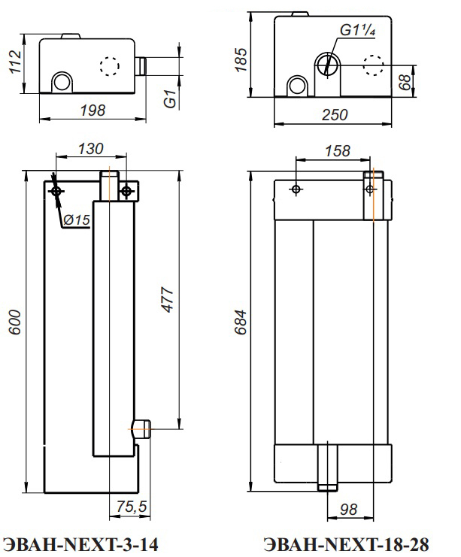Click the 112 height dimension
pyautogui.click(x=15, y=62)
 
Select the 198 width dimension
pyautogui.click(x=93, y=110)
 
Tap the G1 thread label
pyautogui.click(x=170, y=98)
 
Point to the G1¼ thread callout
pyautogui.click(x=357, y=30)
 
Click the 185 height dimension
pyautogui.click(x=241, y=59)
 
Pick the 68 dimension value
pyautogui.click(x=405, y=82)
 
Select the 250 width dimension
pyautogui.click(x=335, y=115)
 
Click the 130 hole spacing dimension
pyautogui.click(x=91, y=149)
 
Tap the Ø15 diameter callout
pyautogui.click(x=77, y=220)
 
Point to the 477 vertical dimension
pyautogui.click(x=168, y=300)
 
